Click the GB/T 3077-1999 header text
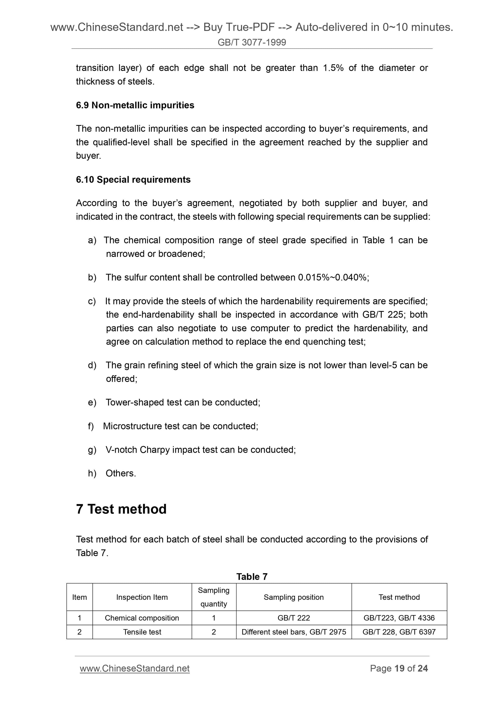[x=251, y=42]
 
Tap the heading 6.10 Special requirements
[x=133, y=179]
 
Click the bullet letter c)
[x=92, y=301]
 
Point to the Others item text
[x=121, y=473]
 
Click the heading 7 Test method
[x=121, y=509]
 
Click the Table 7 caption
[x=251, y=577]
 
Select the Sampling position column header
[x=293, y=597]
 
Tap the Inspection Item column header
[x=142, y=597]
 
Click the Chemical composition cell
[x=142, y=618]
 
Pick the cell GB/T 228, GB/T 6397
[x=399, y=632]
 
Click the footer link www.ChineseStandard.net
[x=135, y=668]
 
